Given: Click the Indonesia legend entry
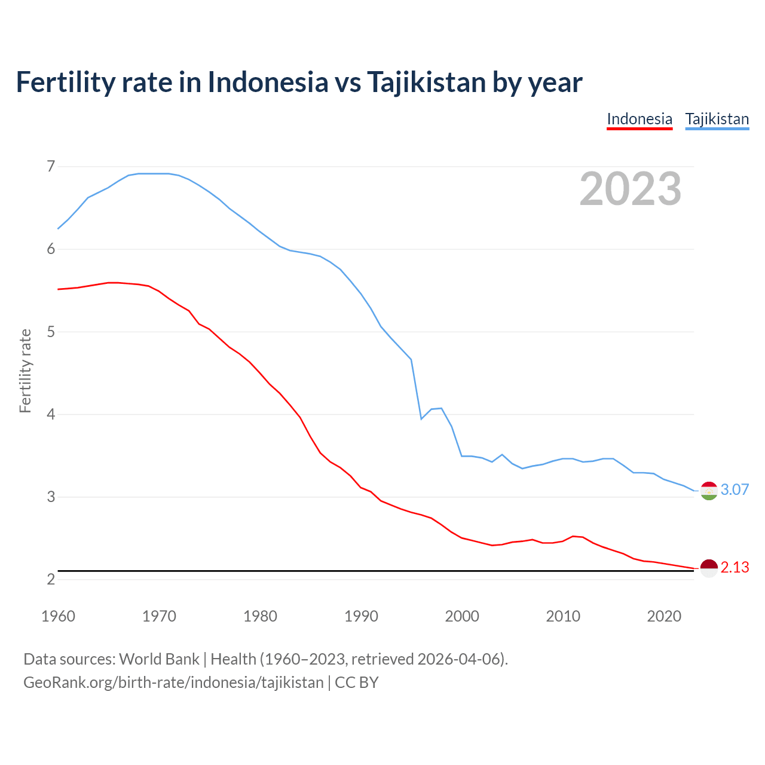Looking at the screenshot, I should (x=639, y=119).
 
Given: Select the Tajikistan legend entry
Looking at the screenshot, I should (x=717, y=119).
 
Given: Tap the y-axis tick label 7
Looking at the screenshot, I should (x=51, y=166).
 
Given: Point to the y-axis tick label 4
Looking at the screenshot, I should (x=51, y=414).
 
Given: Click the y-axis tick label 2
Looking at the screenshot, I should (x=51, y=579).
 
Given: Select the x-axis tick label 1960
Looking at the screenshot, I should (x=58, y=616).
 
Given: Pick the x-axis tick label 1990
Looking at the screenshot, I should (x=361, y=616).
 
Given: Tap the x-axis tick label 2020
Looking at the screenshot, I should (x=664, y=616).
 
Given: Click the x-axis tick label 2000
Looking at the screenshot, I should (x=462, y=616).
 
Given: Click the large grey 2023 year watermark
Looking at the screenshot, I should (x=631, y=189).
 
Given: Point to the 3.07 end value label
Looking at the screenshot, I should (x=735, y=490).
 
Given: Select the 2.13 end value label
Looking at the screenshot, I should (x=735, y=568).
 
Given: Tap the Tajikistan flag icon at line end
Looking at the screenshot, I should (x=709, y=491).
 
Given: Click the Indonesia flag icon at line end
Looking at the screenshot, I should (x=709, y=568).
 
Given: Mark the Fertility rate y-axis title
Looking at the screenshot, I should (x=25, y=371).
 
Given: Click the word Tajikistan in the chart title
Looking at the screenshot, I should (x=426, y=82).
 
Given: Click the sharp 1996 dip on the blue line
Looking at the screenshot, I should (x=421, y=418).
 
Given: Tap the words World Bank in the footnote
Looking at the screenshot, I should (x=159, y=659).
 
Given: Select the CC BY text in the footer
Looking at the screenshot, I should (x=357, y=683).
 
